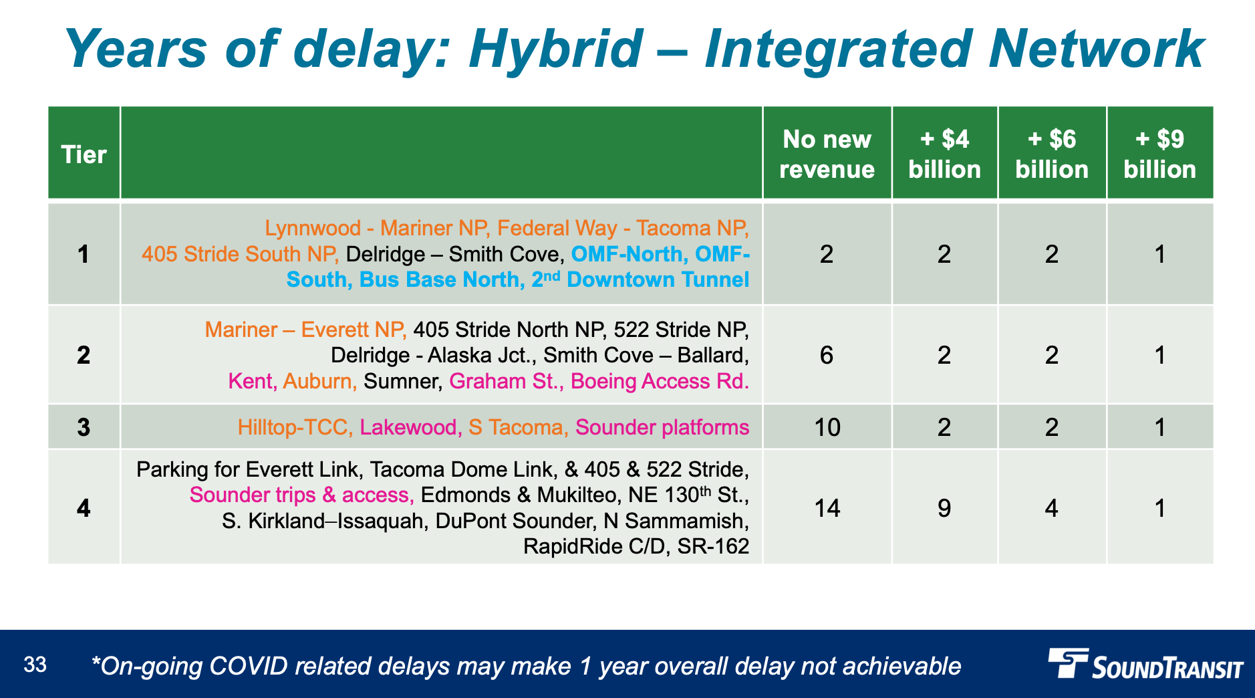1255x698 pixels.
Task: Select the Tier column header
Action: [84, 154]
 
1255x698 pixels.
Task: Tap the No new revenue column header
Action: [827, 154]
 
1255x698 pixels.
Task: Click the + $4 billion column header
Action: [944, 154]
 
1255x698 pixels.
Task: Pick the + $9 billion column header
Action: [1159, 154]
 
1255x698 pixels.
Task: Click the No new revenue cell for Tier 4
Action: [827, 508]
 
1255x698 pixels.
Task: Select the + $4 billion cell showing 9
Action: [944, 508]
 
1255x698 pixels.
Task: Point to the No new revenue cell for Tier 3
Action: [827, 427]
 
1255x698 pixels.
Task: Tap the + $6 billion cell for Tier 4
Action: [1052, 508]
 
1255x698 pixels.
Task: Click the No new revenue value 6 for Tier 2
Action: [827, 355]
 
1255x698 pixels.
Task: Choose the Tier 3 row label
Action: [84, 427]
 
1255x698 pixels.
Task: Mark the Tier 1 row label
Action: [84, 254]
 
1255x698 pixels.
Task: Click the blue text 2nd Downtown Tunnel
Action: [640, 279]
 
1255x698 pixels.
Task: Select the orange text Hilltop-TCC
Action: [295, 427]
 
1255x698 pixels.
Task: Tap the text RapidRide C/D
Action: [595, 546]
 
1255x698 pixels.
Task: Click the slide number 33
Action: [35, 665]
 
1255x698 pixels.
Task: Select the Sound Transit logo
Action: [1145, 664]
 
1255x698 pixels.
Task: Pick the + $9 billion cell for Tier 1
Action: [1159, 254]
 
